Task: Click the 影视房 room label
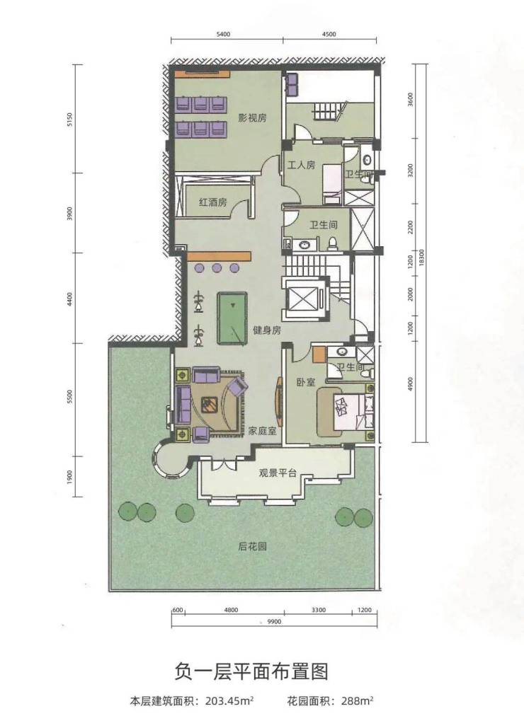coord(252,117)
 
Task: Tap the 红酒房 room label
coord(212,202)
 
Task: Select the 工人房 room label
coord(301,165)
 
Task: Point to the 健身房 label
coord(267,330)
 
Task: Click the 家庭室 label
coord(262,431)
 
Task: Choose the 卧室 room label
coord(306,382)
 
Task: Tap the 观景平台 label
coord(278,473)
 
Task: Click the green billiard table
coord(232,318)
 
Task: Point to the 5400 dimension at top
coord(224,34)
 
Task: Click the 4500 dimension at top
coord(329,34)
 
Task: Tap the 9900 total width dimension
coord(274,622)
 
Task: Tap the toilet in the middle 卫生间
coord(333,244)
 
